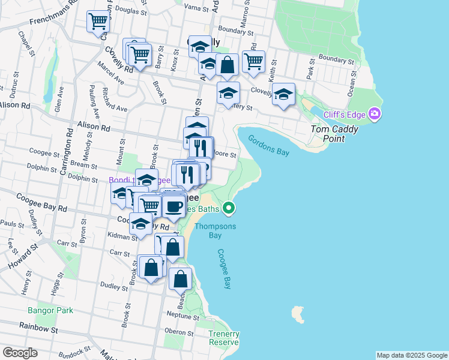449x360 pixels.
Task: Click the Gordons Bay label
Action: click(x=269, y=145)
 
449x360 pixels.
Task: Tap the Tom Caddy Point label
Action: click(x=334, y=134)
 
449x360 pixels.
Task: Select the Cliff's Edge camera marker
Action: click(x=375, y=113)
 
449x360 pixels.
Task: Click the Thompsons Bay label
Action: click(x=215, y=231)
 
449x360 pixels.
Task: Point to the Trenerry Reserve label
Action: click(x=224, y=338)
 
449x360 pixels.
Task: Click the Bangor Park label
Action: click(x=50, y=310)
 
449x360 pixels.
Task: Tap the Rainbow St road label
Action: click(x=37, y=329)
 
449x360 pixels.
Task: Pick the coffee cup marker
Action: click(x=174, y=206)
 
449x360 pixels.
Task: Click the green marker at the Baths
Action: click(x=228, y=208)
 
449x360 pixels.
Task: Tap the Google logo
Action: click(x=20, y=353)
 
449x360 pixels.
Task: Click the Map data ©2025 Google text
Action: click(x=412, y=355)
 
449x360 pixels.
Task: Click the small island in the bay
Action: click(x=297, y=313)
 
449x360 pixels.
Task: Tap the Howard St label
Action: click(x=23, y=256)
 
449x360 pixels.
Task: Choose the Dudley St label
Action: click(x=113, y=286)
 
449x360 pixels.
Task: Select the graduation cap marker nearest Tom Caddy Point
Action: click(x=284, y=94)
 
